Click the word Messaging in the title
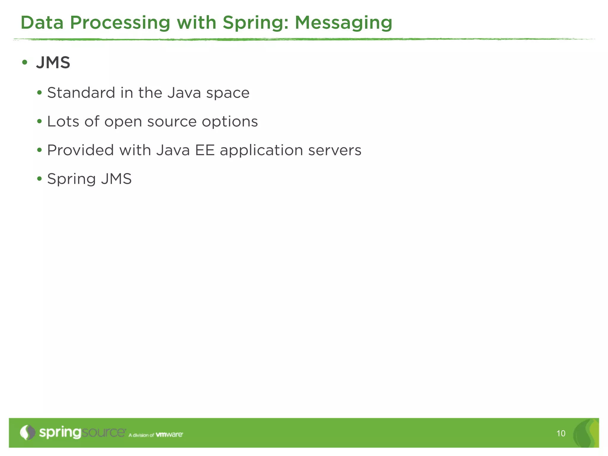click(x=343, y=23)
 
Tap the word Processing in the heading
click(x=120, y=23)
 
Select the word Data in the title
click(x=42, y=23)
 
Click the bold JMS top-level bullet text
click(x=53, y=63)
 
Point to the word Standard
click(x=81, y=93)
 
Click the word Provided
click(x=80, y=150)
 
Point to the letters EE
click(x=205, y=150)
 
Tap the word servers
click(x=335, y=150)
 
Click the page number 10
click(x=561, y=433)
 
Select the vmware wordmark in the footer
click(x=169, y=435)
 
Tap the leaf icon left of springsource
click(x=27, y=432)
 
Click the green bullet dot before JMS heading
click(x=25, y=63)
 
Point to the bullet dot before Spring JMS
click(x=39, y=179)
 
